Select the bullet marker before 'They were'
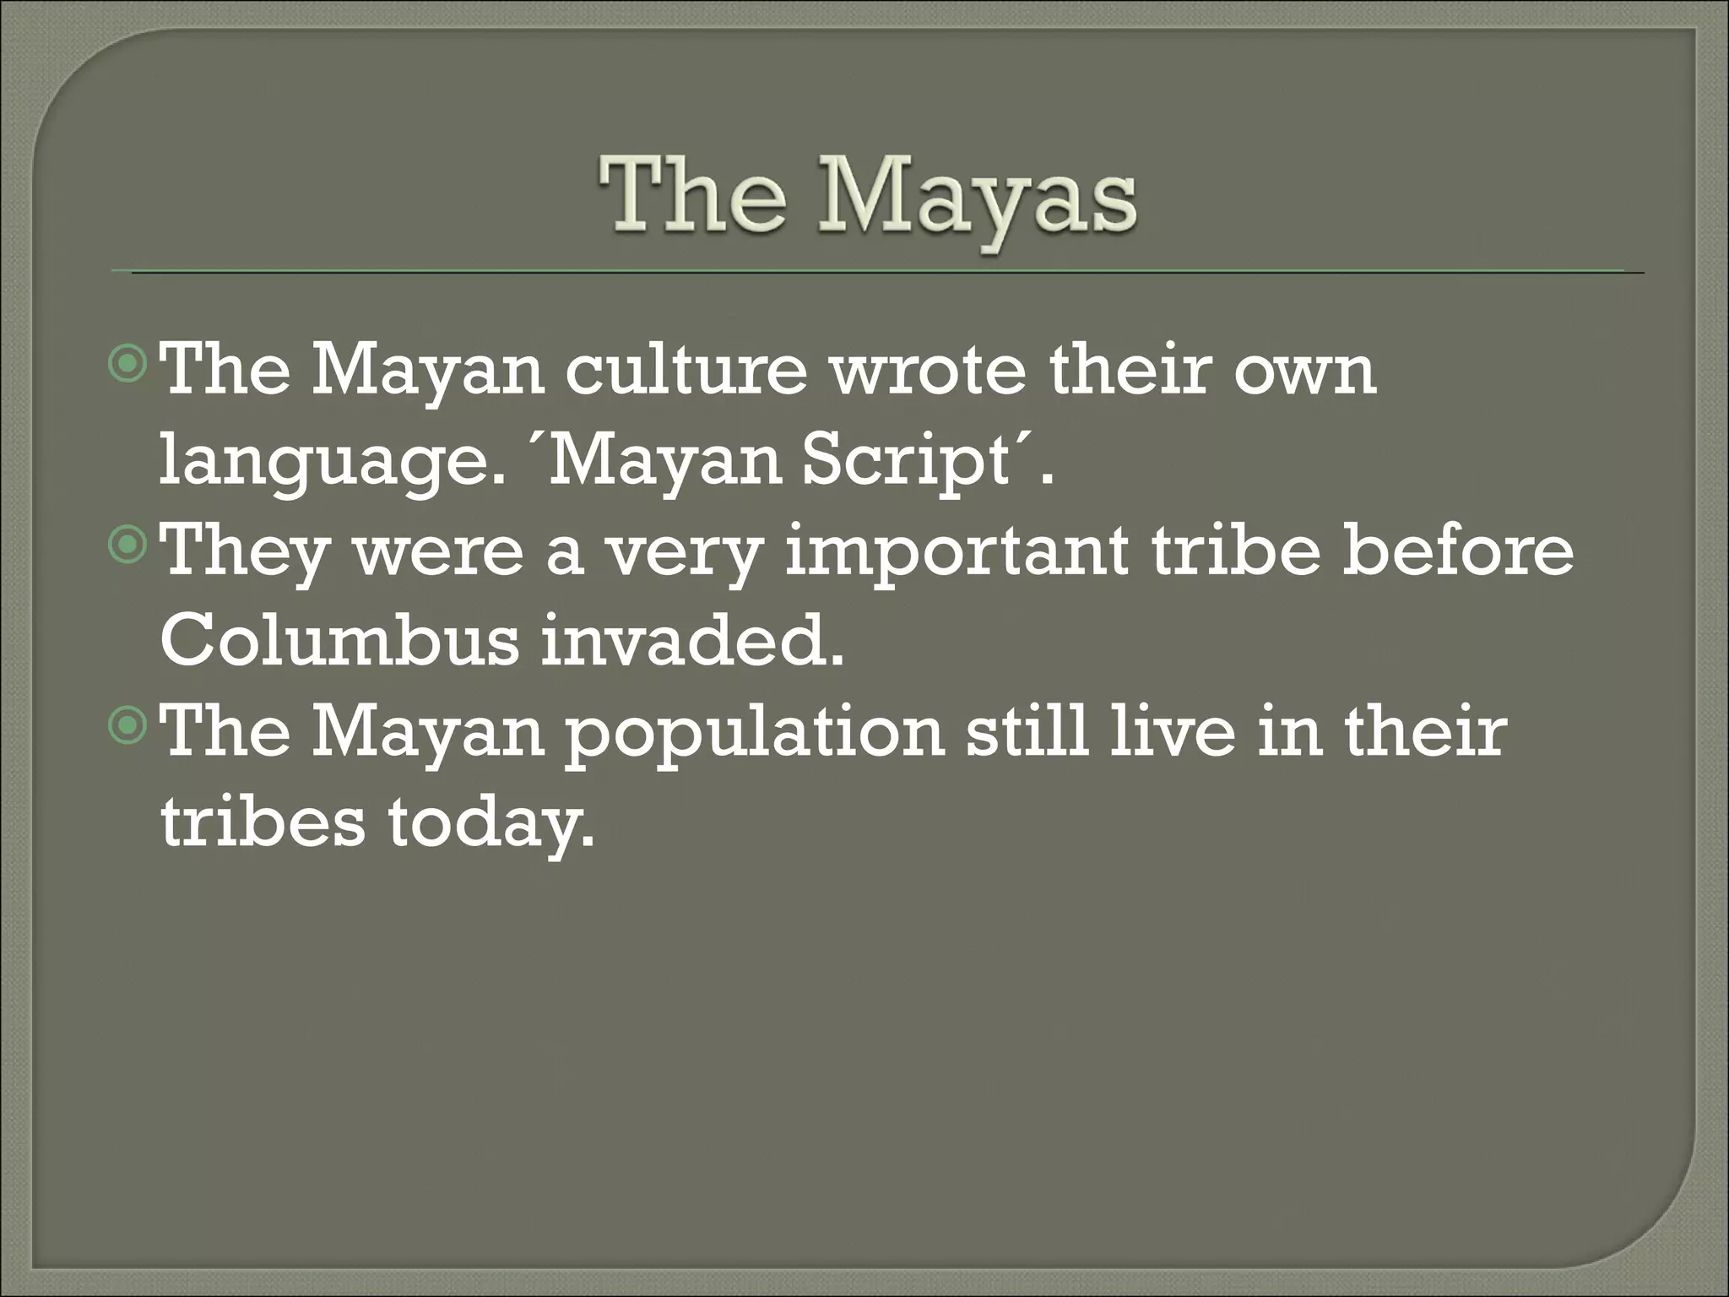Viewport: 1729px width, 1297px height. pos(128,547)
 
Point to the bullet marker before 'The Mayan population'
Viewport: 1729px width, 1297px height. pos(128,727)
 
